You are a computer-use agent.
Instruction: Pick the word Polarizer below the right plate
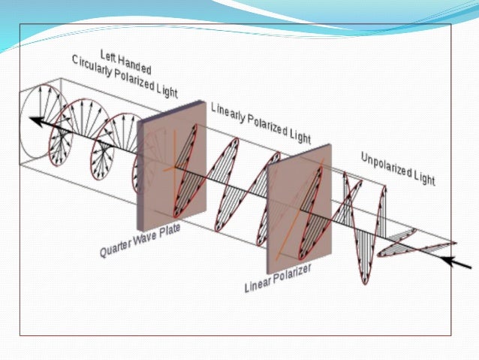295,274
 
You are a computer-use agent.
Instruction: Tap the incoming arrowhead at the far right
448,262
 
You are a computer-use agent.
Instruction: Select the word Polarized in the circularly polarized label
140,82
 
